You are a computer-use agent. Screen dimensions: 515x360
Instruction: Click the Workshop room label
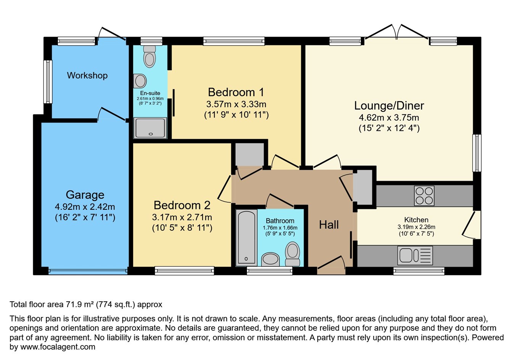click(87, 76)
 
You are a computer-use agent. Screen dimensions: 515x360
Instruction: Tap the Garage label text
click(85, 195)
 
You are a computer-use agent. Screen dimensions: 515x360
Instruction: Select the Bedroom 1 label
click(236, 92)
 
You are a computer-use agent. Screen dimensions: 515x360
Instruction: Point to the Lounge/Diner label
click(389, 106)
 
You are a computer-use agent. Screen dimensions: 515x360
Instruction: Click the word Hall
click(329, 225)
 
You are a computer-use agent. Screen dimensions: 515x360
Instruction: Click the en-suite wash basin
click(140, 81)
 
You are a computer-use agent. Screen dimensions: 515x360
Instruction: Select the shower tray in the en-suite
click(150, 127)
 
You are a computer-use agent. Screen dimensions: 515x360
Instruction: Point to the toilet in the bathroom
click(293, 254)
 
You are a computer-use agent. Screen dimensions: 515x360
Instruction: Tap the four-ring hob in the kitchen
click(424, 196)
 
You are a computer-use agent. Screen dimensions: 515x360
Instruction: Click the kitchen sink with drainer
click(415, 255)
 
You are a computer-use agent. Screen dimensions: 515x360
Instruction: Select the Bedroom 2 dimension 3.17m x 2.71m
click(182, 217)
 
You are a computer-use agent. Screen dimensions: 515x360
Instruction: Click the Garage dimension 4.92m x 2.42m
click(85, 207)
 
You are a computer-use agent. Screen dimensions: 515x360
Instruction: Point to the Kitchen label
click(416, 220)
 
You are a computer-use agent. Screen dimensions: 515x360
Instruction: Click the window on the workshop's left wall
click(48, 82)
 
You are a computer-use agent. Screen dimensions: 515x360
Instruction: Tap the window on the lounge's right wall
click(476, 153)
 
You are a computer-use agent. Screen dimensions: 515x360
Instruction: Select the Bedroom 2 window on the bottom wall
click(184, 271)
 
